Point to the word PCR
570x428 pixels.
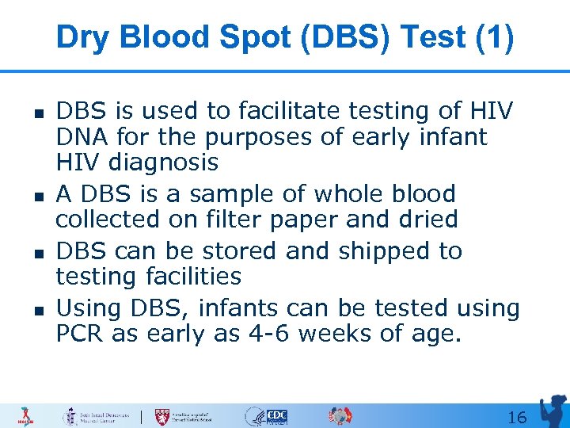(x=80, y=333)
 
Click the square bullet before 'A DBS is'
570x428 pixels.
(x=38, y=194)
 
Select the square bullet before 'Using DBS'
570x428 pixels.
(x=38, y=308)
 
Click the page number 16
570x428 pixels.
(x=516, y=417)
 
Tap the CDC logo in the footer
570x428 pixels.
(x=276, y=416)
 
